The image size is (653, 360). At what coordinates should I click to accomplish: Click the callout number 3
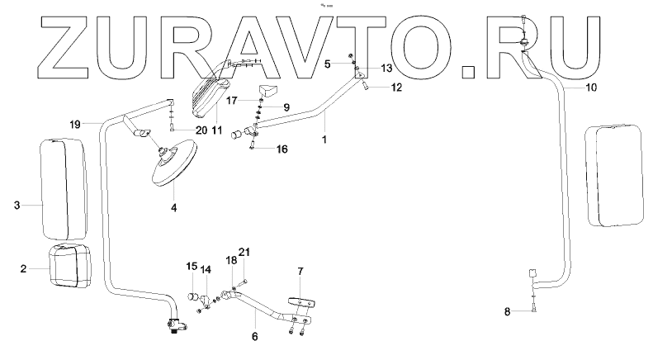17,206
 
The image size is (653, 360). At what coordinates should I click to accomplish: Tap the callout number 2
23,268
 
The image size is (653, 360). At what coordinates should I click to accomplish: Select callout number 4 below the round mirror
173,208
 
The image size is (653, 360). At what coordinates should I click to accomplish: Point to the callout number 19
74,125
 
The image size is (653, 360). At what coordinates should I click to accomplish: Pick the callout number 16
259,150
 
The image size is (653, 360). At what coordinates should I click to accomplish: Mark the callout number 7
300,271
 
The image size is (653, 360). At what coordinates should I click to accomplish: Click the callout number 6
254,337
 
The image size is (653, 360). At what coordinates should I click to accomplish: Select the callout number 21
244,251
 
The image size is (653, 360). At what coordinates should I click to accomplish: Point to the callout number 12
396,88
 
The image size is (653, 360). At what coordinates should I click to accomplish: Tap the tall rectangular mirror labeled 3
63,188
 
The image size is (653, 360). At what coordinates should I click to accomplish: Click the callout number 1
325,141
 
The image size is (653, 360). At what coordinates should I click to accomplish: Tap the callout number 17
233,99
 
